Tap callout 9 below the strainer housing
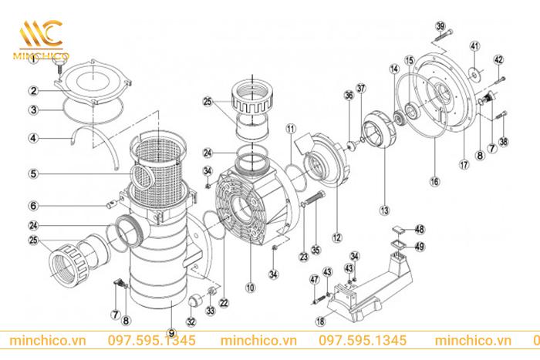tap(169, 332)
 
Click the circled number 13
tap(383, 208)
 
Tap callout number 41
tap(474, 46)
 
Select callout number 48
tap(419, 229)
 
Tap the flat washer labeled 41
tap(475, 74)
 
